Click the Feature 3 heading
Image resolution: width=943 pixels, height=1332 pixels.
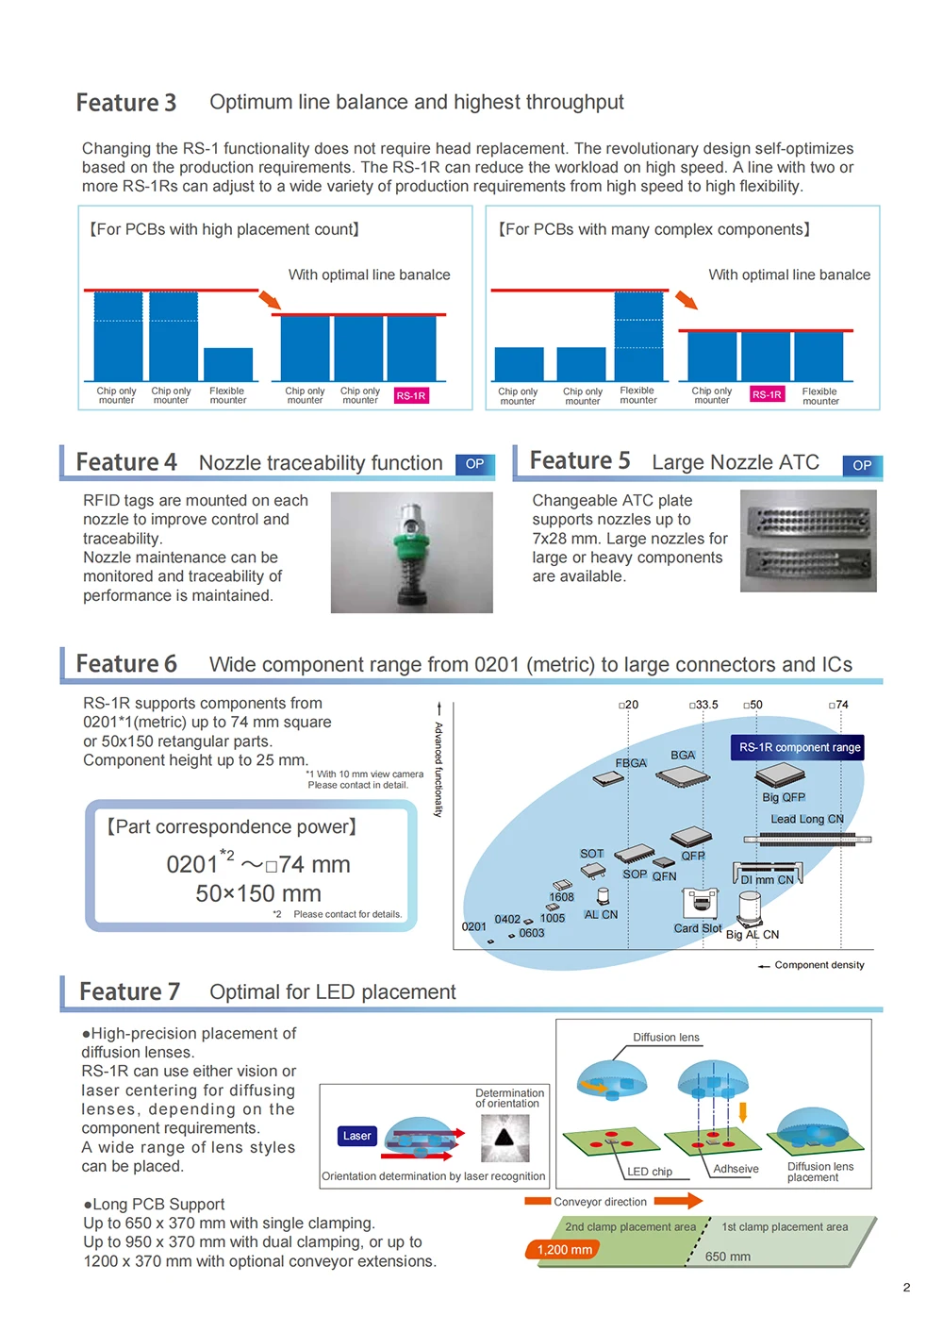126,103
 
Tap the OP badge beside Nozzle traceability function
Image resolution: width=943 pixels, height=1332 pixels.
474,464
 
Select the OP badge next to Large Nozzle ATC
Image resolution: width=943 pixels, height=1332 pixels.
862,465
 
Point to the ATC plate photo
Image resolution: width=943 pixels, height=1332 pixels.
808,541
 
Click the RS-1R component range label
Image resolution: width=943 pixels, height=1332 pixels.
799,747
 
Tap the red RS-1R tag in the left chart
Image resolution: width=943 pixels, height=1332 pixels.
410,396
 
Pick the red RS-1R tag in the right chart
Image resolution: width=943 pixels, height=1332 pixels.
767,394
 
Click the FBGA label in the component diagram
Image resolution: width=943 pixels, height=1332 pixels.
631,763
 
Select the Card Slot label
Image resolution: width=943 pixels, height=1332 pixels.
698,928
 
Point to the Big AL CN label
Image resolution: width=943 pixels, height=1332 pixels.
753,935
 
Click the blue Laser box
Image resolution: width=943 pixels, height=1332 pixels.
356,1136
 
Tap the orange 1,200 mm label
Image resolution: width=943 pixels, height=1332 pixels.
564,1250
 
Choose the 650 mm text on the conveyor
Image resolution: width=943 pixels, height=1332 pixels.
728,1257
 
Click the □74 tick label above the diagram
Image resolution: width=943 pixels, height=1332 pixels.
838,705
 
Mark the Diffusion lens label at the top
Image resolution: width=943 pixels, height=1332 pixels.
666,1038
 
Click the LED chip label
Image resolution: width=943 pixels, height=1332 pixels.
650,1172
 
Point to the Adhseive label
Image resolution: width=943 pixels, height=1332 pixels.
736,1169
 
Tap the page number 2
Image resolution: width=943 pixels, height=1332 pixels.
906,1288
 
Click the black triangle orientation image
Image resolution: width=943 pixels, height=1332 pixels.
505,1137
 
